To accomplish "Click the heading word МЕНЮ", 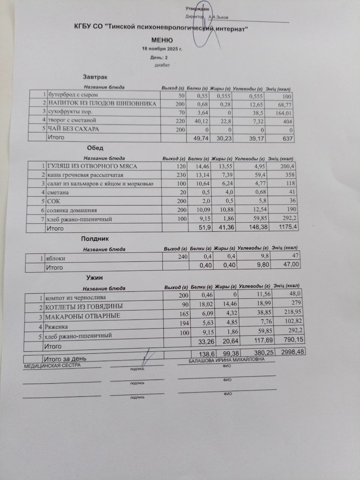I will [162, 40].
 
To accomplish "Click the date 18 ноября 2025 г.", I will [162, 49].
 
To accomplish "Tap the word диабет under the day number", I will [162, 65].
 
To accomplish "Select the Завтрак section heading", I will [95, 77].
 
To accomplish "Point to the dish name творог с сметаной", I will [72, 120].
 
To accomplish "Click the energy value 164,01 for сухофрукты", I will [283, 113].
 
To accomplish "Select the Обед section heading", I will [95, 148].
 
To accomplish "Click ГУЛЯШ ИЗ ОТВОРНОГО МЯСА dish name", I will [92, 166].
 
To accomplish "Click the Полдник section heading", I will [95, 239].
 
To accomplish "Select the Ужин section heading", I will [94, 278].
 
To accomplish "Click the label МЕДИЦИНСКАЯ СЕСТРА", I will [52, 366].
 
